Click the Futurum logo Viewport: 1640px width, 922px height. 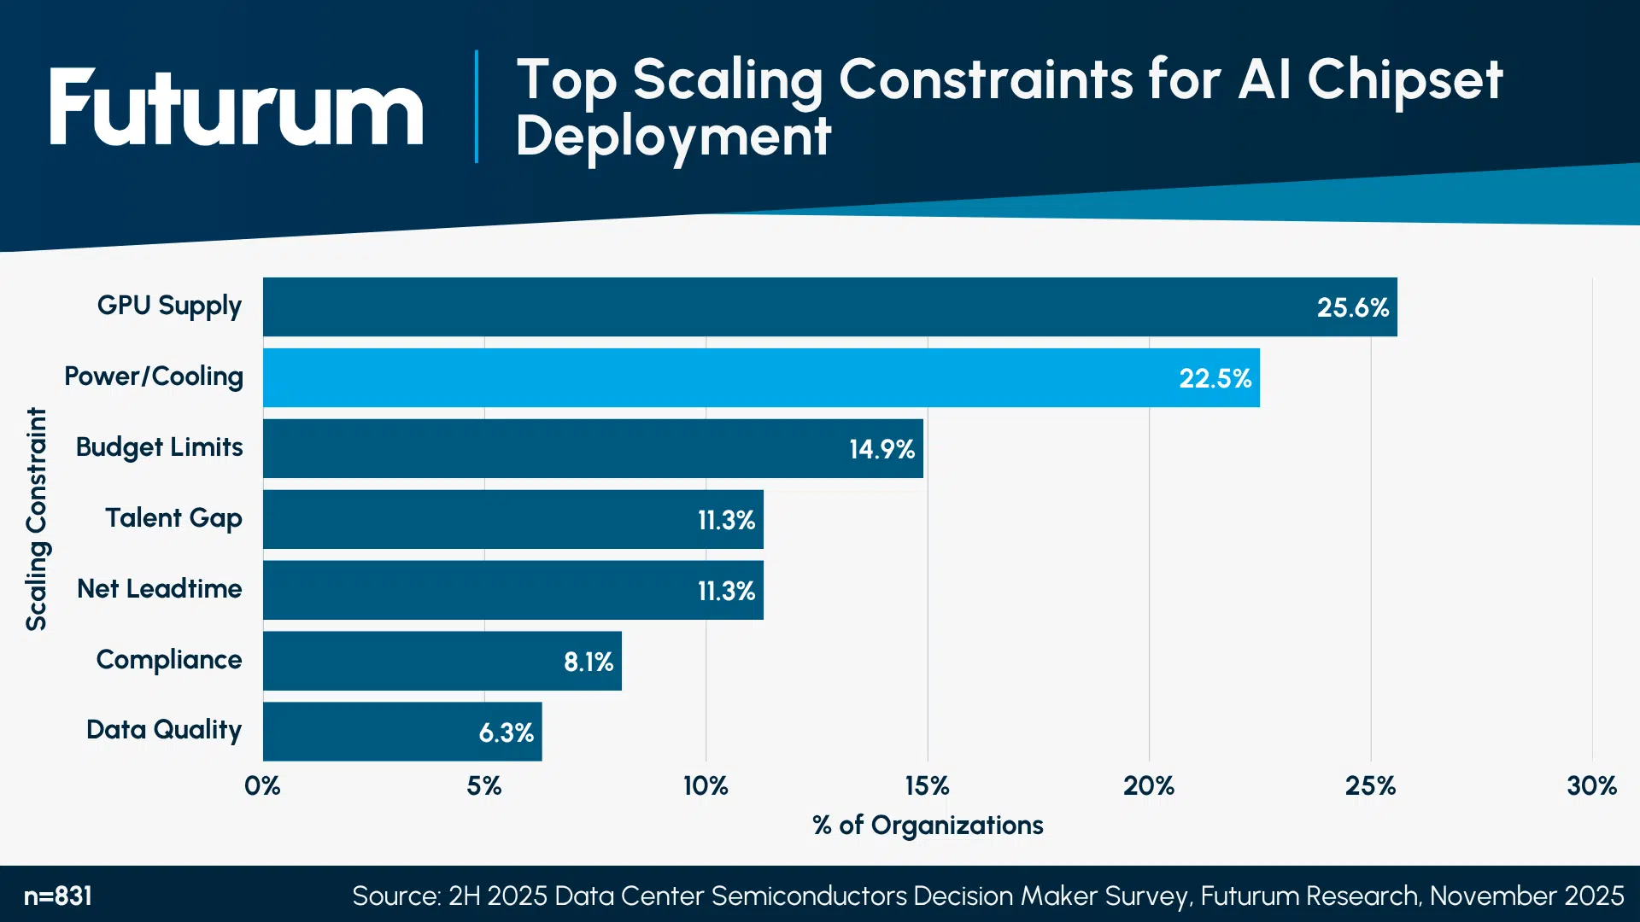point(236,109)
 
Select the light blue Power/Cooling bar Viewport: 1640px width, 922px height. point(760,377)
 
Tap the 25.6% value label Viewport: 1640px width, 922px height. point(1352,307)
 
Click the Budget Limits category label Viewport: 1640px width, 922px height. point(159,447)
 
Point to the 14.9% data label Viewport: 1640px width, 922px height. point(881,449)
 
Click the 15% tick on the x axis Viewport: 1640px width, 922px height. point(927,785)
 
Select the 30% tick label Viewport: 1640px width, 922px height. point(1591,785)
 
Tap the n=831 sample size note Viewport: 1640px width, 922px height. point(58,896)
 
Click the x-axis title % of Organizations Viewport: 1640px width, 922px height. point(928,826)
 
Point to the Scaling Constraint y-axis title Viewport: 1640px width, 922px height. point(37,518)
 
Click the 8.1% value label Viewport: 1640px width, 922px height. point(589,662)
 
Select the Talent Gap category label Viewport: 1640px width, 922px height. point(173,518)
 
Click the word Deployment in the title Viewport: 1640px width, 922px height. point(673,137)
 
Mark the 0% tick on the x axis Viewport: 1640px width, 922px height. point(262,785)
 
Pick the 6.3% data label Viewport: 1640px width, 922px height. point(506,732)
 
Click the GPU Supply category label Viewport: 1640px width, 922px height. point(169,306)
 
